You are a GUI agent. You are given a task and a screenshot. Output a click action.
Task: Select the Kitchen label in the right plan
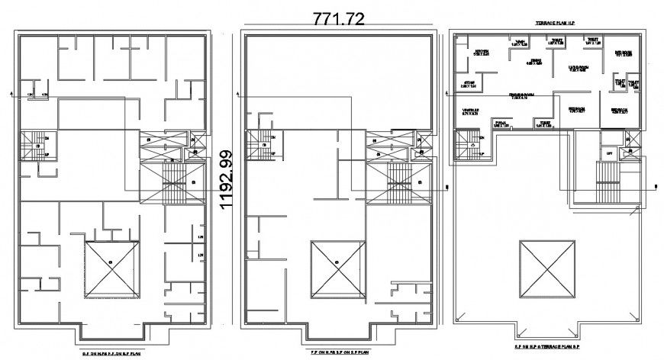(482, 52)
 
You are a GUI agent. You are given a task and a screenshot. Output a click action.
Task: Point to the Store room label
(469, 84)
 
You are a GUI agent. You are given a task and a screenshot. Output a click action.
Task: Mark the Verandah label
(470, 112)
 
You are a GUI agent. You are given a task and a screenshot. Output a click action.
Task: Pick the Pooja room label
(501, 124)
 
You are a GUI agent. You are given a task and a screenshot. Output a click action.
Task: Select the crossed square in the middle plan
(337, 268)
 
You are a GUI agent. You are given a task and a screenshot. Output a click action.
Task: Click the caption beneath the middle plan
(338, 353)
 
